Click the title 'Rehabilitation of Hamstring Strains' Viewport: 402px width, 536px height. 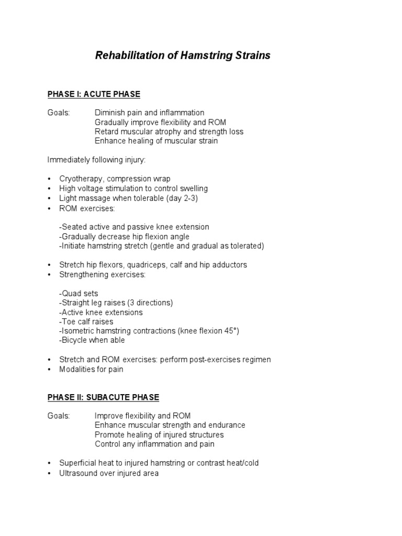coord(183,55)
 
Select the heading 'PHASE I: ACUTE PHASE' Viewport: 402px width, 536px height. coord(94,94)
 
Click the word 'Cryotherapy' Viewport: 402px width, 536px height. coord(80,179)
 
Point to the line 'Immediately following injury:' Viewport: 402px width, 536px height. coord(93,160)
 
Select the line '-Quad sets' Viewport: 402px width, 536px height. coord(79,293)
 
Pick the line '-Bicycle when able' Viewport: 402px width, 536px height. coord(92,340)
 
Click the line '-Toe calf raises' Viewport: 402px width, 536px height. coord(86,321)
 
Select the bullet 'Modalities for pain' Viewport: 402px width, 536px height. coord(92,369)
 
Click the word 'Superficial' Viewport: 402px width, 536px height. coord(78,463)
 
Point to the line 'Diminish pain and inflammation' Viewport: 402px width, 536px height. coord(150,113)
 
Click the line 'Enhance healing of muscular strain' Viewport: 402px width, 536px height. coord(156,141)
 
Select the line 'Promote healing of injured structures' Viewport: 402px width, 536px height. coord(159,435)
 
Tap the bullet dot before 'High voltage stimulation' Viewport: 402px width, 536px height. coord(49,189)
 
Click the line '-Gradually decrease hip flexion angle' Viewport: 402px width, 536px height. coord(125,237)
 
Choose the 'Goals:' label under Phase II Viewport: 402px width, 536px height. coord(58,416)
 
